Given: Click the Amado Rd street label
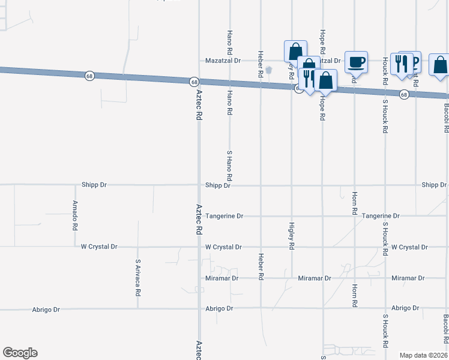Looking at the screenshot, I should pos(74,216).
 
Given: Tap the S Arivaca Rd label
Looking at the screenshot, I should pos(137,278).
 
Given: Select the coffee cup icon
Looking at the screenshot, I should pos(356,61).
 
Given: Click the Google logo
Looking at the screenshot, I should pos(20,353).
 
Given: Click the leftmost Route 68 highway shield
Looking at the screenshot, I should pos(89,76).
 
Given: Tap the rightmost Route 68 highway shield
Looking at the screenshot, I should pos(404,95).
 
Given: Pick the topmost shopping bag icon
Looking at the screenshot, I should pos(295,51).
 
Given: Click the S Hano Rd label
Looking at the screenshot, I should pos(229,167).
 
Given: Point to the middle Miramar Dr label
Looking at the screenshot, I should pos(315,278).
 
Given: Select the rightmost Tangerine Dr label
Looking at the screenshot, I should pos(381,216).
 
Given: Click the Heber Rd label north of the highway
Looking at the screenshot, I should pos(261,64).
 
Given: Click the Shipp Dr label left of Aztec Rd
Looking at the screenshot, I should pos(94,185).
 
